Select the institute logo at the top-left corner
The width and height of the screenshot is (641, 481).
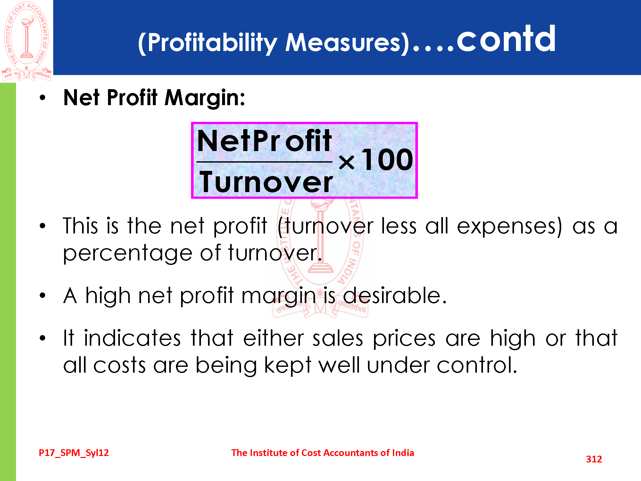[x=27, y=41]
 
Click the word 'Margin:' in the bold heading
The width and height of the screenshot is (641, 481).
[x=205, y=98]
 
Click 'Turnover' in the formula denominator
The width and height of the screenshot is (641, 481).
[x=266, y=182]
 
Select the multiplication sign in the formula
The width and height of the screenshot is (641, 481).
[x=346, y=162]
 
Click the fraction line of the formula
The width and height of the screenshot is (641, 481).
[x=264, y=162]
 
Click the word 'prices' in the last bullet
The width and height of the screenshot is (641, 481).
[x=404, y=339]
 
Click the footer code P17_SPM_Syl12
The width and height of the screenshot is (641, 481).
[x=74, y=453]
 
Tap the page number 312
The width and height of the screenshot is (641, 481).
[x=594, y=459]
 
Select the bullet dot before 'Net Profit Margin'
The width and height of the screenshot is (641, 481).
[x=43, y=98]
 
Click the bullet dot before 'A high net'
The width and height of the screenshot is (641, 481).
[x=43, y=295]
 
